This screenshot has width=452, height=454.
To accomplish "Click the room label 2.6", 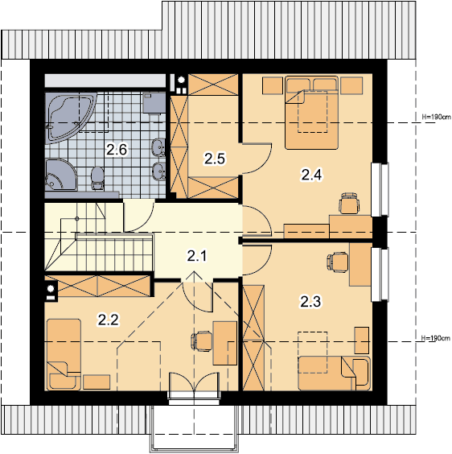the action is coord(117,150).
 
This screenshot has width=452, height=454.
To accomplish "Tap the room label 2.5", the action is coord(215,159).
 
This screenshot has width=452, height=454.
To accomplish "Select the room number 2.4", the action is coord(311,175).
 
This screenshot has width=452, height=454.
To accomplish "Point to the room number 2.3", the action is coord(310,302).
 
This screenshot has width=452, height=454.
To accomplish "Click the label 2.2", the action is coord(108,320).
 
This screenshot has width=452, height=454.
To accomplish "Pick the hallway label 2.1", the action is coord(197,256).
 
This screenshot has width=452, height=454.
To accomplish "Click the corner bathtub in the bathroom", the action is coord(71,118).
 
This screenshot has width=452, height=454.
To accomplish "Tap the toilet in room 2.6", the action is coord(97,178).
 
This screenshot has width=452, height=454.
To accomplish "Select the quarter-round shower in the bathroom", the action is coord(61,175).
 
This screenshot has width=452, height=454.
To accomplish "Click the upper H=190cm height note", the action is coord(436,117).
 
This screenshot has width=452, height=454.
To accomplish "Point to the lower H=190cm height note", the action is coord(436,338).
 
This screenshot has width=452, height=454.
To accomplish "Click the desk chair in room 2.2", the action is coord(202,341).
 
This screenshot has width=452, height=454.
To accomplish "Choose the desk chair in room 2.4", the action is coord(350,203).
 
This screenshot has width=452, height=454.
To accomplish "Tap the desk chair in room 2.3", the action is coord(338,262).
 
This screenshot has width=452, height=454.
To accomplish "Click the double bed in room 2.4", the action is coord(311,113).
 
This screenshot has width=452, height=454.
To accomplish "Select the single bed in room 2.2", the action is coord(64,354).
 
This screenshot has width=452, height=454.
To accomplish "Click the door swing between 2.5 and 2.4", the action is coord(257,158).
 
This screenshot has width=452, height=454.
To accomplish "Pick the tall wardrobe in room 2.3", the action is coord(253,337).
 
